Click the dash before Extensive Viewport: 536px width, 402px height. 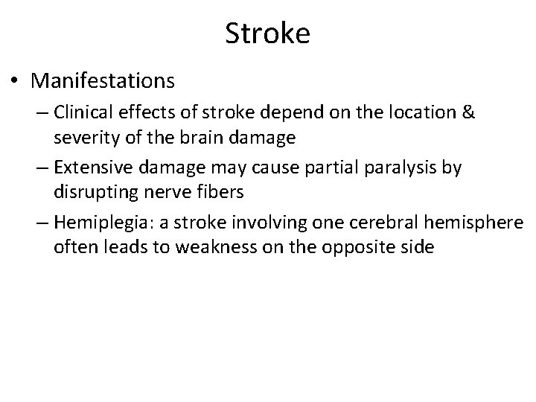click(40, 168)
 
